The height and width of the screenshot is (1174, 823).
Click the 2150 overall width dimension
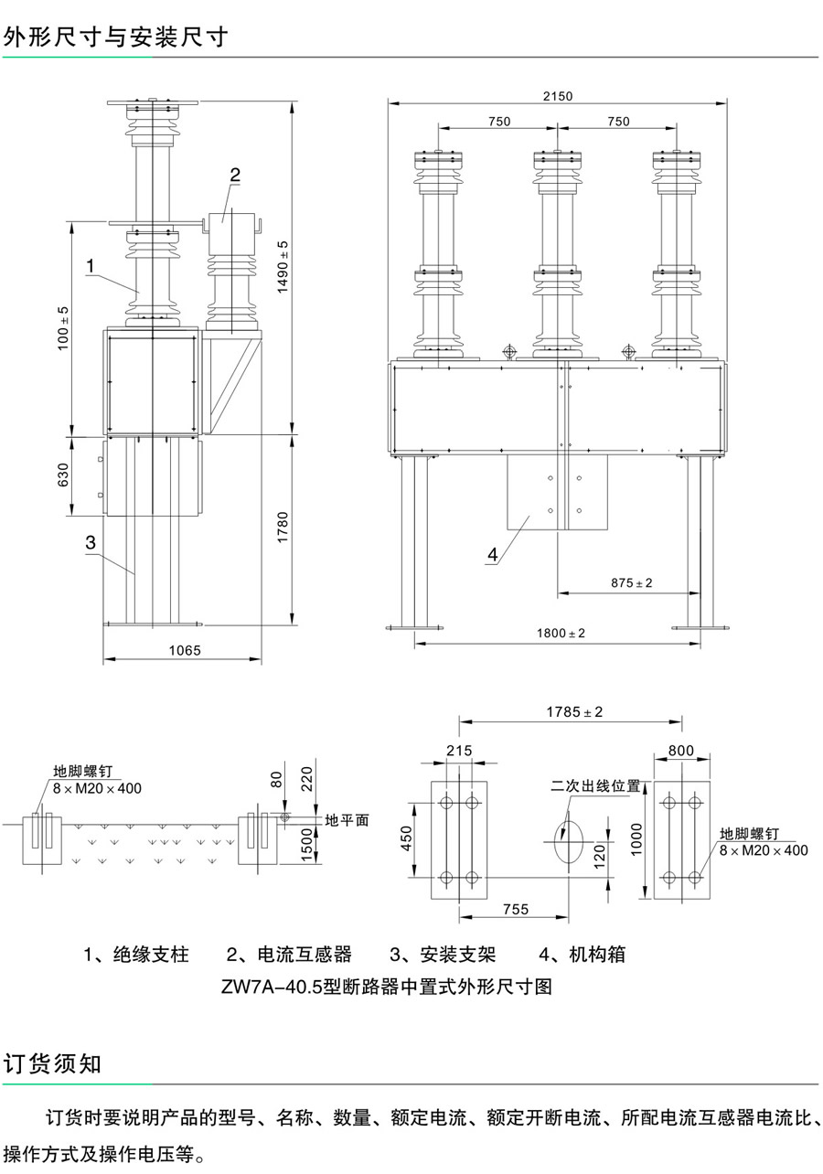pyautogui.click(x=557, y=95)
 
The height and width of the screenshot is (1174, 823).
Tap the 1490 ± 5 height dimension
pyautogui.click(x=283, y=265)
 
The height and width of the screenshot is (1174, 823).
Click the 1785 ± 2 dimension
pyautogui.click(x=575, y=711)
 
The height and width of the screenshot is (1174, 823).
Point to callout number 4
pyautogui.click(x=493, y=554)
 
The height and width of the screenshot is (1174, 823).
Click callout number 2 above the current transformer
pyautogui.click(x=235, y=175)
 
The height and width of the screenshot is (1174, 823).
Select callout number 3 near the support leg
pyautogui.click(x=90, y=542)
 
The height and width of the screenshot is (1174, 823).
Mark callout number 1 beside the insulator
pyautogui.click(x=91, y=265)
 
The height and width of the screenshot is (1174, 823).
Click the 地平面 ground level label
pyautogui.click(x=347, y=820)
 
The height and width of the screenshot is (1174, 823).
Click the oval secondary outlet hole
pyautogui.click(x=568, y=838)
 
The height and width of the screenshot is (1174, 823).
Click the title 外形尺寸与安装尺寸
pyautogui.click(x=115, y=37)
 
